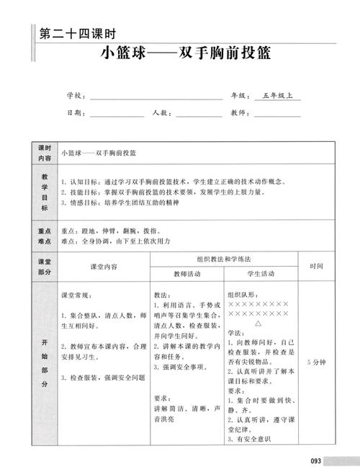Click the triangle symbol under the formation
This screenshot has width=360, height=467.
[258, 324]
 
